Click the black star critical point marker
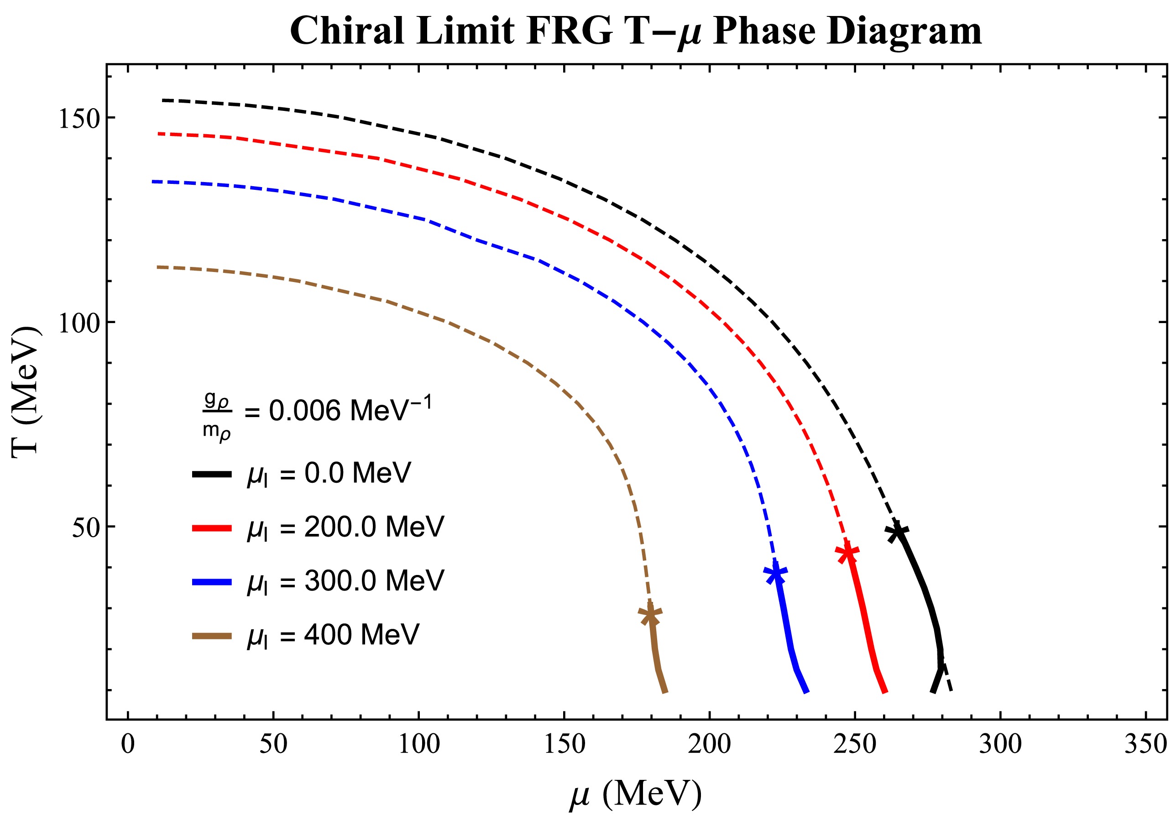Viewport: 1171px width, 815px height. coord(897,532)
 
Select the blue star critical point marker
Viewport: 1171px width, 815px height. coord(775,573)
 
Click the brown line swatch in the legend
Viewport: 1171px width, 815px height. coord(212,636)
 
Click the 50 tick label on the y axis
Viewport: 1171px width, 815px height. coord(85,528)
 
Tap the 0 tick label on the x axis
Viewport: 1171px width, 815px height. coord(128,744)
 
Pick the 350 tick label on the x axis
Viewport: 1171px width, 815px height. coord(1145,744)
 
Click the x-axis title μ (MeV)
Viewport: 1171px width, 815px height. coord(636,794)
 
